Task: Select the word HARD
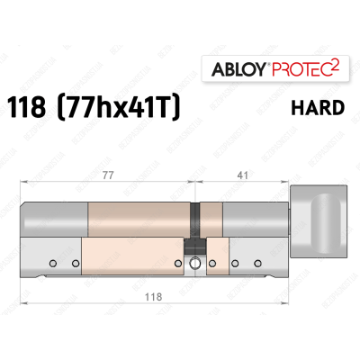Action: [318, 108]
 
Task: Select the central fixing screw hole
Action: [194, 265]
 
